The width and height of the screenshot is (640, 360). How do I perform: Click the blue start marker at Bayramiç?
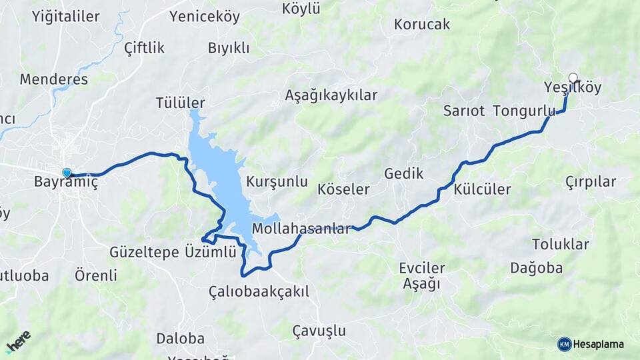[x=67, y=173]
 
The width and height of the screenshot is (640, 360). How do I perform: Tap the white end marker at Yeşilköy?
[x=572, y=77]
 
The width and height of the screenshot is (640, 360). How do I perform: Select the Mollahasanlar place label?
[x=301, y=229]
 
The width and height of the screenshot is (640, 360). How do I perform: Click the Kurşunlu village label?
[x=277, y=181]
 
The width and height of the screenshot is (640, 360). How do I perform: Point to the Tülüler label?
[x=180, y=103]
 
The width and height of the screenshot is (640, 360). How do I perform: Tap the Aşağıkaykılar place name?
[x=331, y=95]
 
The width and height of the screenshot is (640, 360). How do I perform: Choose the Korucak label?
[x=422, y=25]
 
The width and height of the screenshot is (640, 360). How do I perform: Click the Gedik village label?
[x=404, y=174]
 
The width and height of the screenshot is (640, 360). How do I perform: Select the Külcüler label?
[x=482, y=189]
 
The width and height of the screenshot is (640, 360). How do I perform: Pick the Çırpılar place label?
[x=591, y=181]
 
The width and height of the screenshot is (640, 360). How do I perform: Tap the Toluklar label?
[x=561, y=244]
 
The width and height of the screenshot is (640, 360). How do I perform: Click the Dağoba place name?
[x=537, y=268]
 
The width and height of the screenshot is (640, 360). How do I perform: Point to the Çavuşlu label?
[x=319, y=331]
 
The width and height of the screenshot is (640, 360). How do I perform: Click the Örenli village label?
[x=96, y=275]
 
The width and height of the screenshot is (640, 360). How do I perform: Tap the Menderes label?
[x=53, y=79]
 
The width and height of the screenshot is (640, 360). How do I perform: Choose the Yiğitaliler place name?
[x=65, y=17]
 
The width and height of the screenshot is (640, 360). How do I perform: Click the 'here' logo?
[x=19, y=341]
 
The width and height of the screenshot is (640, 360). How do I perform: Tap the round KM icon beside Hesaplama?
[x=564, y=344]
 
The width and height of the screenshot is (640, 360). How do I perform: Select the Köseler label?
[x=343, y=189]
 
